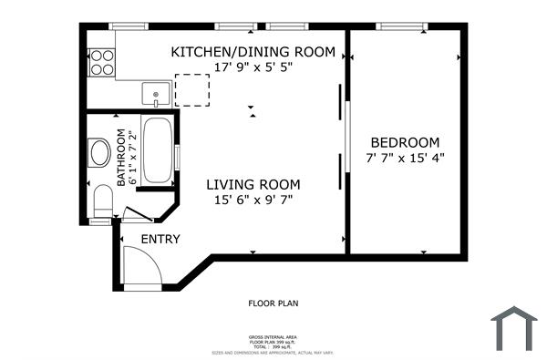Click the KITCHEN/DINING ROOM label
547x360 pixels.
pos(253,51)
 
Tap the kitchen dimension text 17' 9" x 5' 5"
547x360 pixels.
pos(253,67)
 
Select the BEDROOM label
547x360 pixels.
pos(404,143)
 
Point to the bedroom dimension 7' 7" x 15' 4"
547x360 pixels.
pos(404,159)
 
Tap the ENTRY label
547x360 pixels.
pos(160,239)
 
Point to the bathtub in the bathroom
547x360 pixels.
pos(158,149)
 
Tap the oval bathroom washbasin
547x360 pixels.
pos(99,152)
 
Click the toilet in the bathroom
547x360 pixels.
pos(102,201)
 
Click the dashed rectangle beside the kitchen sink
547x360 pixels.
pos(191,89)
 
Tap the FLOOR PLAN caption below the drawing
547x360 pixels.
pos(273,303)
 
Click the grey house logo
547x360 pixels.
pos(514,328)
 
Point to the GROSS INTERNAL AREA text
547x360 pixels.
pos(273,336)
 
